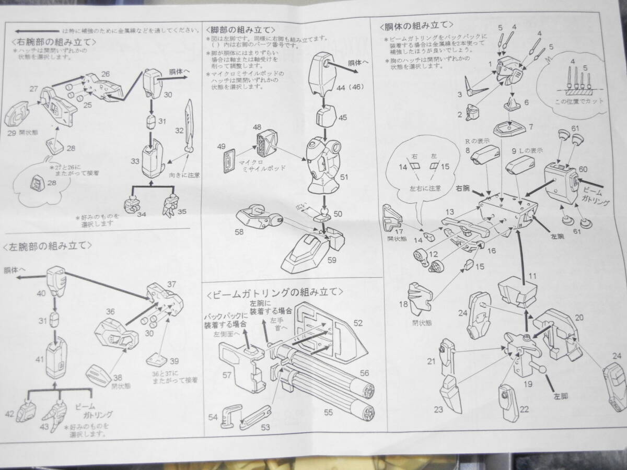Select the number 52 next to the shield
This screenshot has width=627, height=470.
click(x=358, y=323)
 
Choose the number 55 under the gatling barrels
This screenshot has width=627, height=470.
click(x=328, y=413)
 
